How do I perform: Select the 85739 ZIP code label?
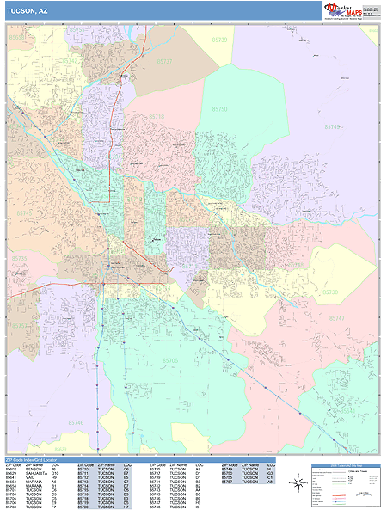(x=219, y=40)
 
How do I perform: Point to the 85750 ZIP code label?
(x=220, y=109)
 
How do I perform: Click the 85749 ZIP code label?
(x=333, y=126)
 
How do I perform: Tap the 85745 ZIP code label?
(x=23, y=212)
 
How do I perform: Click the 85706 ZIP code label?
(x=171, y=360)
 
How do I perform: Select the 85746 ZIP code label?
(x=76, y=422)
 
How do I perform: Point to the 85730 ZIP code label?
(x=331, y=292)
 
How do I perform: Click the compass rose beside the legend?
(x=297, y=483)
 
